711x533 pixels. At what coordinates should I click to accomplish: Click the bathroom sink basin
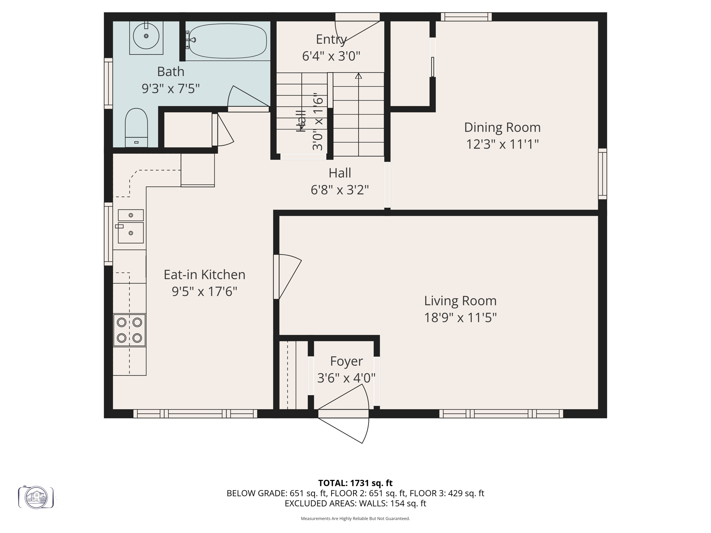pyautogui.click(x=146, y=36)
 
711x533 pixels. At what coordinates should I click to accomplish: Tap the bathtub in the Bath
pyautogui.click(x=227, y=41)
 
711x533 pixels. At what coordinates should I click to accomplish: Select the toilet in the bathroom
pyautogui.click(x=136, y=127)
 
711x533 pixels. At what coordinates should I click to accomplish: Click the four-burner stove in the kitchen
pyautogui.click(x=129, y=330)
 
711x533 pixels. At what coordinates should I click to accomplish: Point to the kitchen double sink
pyautogui.click(x=131, y=226)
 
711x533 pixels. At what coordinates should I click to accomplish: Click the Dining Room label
pyautogui.click(x=502, y=127)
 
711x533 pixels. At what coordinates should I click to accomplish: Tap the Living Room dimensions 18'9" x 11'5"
pyautogui.click(x=460, y=318)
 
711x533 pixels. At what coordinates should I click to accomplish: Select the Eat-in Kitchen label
pyautogui.click(x=204, y=274)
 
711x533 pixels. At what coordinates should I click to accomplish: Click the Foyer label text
pyautogui.click(x=346, y=361)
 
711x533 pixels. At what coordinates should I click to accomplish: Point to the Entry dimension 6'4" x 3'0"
pyautogui.click(x=331, y=56)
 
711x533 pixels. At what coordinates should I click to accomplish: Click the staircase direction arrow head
pyautogui.click(x=358, y=76)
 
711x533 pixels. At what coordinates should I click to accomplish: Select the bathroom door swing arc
pyautogui.click(x=243, y=97)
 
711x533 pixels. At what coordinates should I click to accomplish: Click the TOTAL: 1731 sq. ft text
pyautogui.click(x=355, y=483)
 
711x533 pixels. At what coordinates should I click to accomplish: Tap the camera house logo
pyautogui.click(x=36, y=497)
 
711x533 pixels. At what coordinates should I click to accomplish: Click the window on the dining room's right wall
pyautogui.click(x=602, y=174)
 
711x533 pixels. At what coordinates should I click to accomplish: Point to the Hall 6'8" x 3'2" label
pyautogui.click(x=340, y=181)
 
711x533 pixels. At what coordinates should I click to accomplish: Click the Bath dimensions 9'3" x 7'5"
pyautogui.click(x=170, y=89)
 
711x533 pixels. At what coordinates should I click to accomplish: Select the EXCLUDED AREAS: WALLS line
pyautogui.click(x=355, y=504)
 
